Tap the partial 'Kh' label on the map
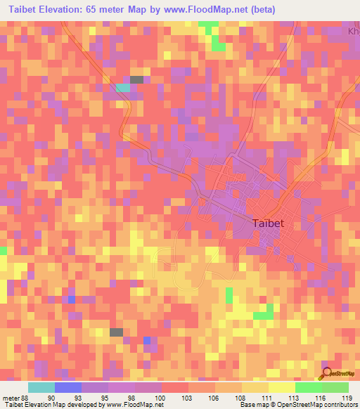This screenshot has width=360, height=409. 354,32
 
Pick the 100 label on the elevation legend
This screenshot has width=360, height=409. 161,398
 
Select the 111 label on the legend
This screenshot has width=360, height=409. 268,398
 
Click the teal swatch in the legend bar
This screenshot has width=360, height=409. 41,387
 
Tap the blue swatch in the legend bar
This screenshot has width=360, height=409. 68,387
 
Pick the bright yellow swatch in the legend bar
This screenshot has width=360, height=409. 282,387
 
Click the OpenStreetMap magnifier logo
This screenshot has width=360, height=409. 326,373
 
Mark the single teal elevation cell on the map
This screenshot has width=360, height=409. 123,88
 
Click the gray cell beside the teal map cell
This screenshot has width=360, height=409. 136,79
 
